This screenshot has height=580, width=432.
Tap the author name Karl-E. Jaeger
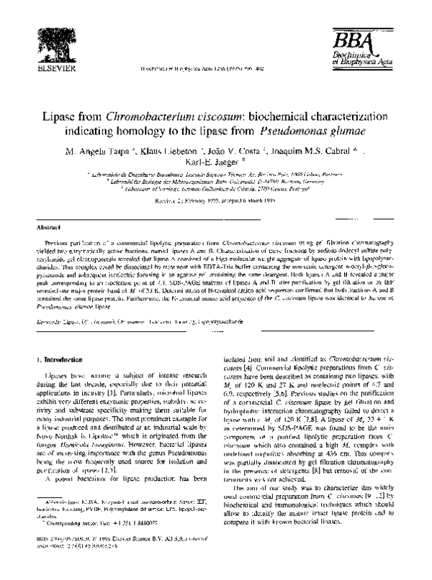click(215, 165)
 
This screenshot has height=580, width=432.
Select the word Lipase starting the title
click(64, 116)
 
